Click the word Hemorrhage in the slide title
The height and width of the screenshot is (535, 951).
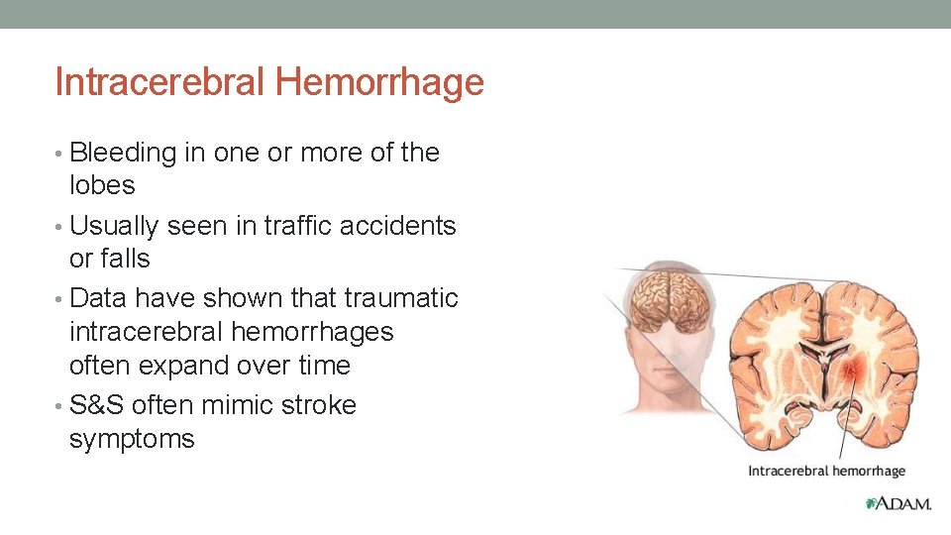pyautogui.click(x=379, y=82)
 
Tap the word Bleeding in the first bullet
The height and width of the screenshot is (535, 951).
pyautogui.click(x=123, y=153)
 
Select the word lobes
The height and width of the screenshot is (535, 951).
pyautogui.click(x=102, y=185)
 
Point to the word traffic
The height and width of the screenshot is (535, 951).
pyautogui.click(x=298, y=226)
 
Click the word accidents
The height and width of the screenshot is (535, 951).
pyautogui.click(x=397, y=226)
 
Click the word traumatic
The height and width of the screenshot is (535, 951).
pyautogui.click(x=401, y=298)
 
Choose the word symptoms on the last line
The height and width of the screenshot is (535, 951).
pyautogui.click(x=132, y=439)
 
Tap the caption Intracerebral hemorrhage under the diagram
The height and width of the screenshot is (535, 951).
pyautogui.click(x=826, y=471)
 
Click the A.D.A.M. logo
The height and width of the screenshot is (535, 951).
pyautogui.click(x=898, y=503)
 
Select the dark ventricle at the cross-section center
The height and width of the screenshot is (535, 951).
pyautogui.click(x=823, y=353)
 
